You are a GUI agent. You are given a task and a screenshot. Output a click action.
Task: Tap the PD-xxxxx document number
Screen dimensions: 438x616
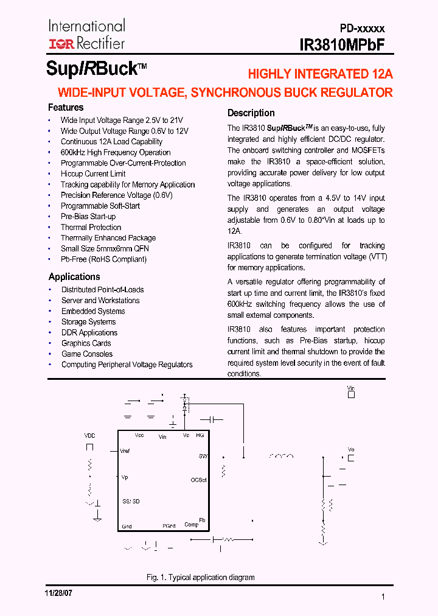pos(362,29)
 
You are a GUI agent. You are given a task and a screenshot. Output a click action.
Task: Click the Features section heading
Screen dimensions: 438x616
pos(66,108)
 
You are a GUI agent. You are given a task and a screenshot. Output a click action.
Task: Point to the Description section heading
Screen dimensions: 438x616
pos(251,113)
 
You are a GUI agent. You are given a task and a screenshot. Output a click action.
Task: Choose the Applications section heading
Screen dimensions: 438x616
pos(74,277)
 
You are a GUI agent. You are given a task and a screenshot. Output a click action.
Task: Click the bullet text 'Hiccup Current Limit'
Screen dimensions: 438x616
pos(93,174)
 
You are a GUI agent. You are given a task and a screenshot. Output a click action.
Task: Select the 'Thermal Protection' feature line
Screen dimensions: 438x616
pos(91,227)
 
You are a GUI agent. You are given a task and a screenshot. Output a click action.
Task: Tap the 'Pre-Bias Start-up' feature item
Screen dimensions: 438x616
pos(88,217)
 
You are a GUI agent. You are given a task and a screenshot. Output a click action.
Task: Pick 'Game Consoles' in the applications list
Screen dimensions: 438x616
pos(87,354)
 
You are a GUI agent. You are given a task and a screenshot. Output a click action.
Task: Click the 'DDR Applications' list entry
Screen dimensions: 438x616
pos(89,333)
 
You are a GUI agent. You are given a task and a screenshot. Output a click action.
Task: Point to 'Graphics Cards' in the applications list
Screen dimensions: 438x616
pos(86,343)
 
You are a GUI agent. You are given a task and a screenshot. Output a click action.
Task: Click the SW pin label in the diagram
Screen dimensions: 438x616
pos(203,456)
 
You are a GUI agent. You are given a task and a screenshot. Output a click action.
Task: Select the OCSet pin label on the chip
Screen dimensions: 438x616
pos(198,480)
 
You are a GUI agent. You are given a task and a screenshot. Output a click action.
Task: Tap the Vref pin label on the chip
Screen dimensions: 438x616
pos(125,451)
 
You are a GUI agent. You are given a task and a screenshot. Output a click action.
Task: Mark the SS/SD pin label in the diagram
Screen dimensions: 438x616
pos(131,501)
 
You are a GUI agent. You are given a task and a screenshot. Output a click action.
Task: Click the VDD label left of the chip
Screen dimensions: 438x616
pos(89,436)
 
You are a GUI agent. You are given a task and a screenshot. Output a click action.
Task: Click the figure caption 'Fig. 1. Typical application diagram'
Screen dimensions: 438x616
pos(200,577)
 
